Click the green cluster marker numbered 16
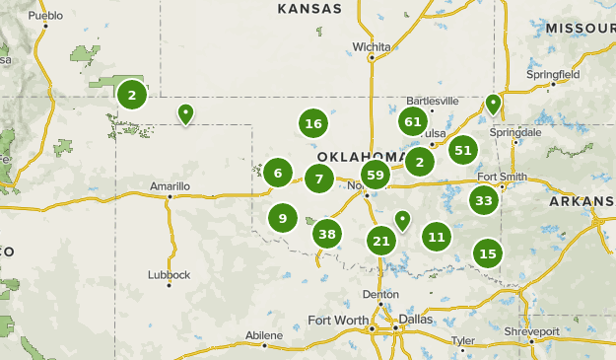click(313, 123)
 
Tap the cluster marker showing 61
click(413, 121)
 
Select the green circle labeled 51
click(462, 150)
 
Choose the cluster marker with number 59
click(375, 175)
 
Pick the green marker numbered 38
click(327, 234)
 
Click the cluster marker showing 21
click(381, 240)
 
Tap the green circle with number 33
click(483, 201)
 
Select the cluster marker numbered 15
click(487, 253)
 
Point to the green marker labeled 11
click(437, 236)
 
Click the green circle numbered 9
click(283, 218)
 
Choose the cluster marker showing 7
click(318, 179)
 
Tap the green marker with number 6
click(278, 174)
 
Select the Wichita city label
click(372, 46)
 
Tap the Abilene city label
click(263, 335)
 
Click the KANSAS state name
click(309, 9)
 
